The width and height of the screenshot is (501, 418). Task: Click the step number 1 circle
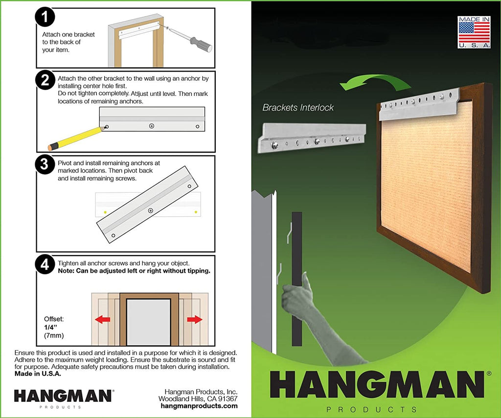click(45, 17)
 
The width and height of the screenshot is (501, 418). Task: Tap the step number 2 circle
click(45, 80)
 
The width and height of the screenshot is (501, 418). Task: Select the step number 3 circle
click(45, 164)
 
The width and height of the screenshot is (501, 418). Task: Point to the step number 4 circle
click(45, 264)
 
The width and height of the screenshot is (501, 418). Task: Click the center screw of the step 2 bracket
click(152, 126)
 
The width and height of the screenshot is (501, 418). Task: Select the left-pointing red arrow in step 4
click(103, 319)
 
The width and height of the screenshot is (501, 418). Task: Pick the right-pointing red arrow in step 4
click(195, 319)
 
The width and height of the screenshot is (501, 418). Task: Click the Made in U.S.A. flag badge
click(474, 32)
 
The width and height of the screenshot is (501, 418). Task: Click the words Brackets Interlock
click(298, 108)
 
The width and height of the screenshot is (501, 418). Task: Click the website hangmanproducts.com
click(199, 406)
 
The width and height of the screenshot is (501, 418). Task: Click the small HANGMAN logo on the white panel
click(63, 396)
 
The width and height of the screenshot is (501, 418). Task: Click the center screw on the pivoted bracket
click(151, 210)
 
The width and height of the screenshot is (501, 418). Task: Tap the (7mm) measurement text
click(54, 336)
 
